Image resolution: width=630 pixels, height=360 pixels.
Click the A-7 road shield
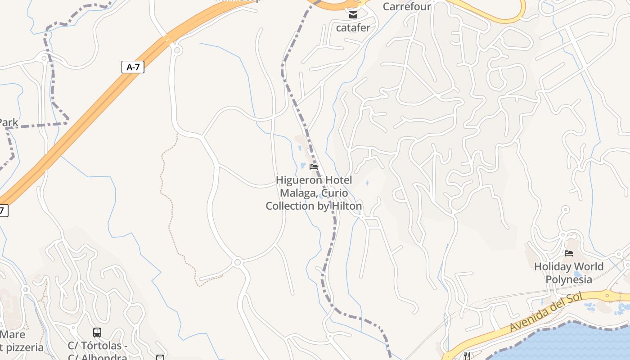pyautogui.click(x=133, y=67)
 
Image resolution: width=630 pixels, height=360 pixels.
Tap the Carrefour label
pyautogui.click(x=407, y=6)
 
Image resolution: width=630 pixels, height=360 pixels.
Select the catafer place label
pyautogui.click(x=353, y=28)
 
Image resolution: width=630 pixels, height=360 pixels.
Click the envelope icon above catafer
pyautogui.click(x=353, y=15)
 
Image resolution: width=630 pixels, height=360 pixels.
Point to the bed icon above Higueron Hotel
pyautogui.click(x=314, y=167)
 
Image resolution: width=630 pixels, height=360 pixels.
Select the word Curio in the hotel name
pyautogui.click(x=335, y=193)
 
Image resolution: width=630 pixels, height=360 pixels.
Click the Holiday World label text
pyautogui.click(x=569, y=266)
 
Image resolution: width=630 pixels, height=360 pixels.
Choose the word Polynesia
pyautogui.click(x=569, y=279)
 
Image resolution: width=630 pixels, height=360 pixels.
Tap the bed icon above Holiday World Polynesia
pyautogui.click(x=569, y=253)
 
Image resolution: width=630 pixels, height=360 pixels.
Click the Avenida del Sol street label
pyautogui.click(x=546, y=312)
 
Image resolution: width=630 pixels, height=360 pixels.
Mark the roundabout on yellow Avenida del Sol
pyautogui.click(x=607, y=296)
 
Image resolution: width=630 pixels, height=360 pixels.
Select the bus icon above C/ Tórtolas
pyautogui.click(x=97, y=333)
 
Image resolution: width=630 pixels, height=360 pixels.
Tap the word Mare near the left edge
pyautogui.click(x=13, y=335)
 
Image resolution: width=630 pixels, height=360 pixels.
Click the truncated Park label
pyautogui.click(x=9, y=122)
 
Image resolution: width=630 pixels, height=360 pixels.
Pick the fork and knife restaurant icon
pyautogui.click(x=467, y=356)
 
